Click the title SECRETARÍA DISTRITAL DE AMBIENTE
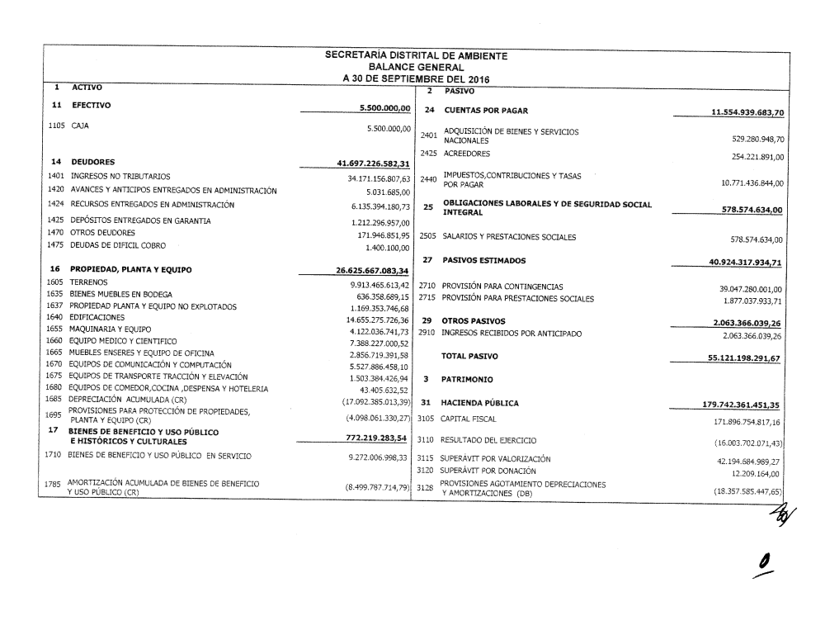(x=417, y=56)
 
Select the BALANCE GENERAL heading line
(x=416, y=67)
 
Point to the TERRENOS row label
(x=90, y=282)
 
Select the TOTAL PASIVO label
(x=471, y=356)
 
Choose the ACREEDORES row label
(x=466, y=154)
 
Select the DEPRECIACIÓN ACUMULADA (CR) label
(x=127, y=399)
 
